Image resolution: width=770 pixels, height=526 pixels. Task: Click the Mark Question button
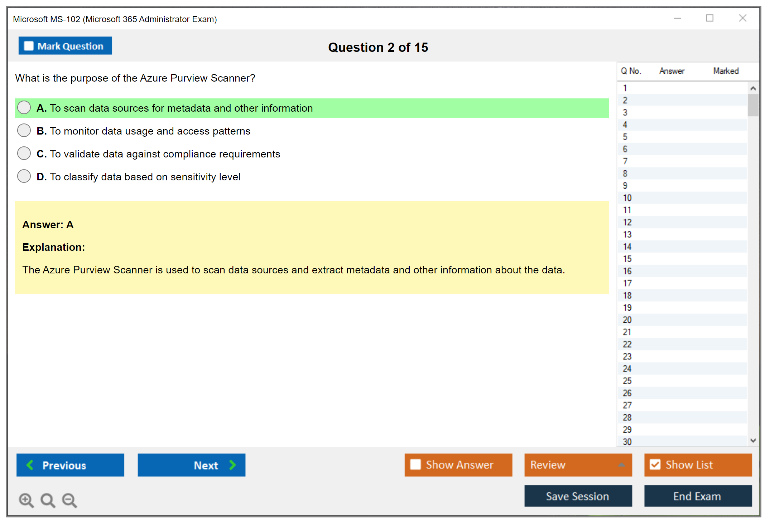[65, 46]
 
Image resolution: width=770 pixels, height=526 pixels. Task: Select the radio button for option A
[24, 107]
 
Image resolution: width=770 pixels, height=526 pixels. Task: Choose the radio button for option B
[24, 130]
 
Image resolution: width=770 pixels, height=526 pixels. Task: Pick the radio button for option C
[24, 153]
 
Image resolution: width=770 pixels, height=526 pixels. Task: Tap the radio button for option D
[24, 176]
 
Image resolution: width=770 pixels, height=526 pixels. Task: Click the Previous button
[70, 465]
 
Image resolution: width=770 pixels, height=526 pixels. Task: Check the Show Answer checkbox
[415, 464]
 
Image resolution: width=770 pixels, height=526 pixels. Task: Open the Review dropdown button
[578, 465]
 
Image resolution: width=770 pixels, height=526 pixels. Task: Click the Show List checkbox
[655, 464]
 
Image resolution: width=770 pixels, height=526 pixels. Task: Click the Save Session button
[578, 496]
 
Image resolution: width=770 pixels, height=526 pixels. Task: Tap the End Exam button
[698, 496]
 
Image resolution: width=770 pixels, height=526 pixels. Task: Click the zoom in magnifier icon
[26, 500]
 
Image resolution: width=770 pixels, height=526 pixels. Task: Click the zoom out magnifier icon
[69, 500]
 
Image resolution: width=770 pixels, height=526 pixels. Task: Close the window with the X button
[742, 18]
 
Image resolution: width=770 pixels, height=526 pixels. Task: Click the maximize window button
[709, 18]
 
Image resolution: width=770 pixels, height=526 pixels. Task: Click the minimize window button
[677, 18]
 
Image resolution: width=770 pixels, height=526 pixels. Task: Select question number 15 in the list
[627, 259]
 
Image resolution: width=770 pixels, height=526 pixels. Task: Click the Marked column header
[726, 71]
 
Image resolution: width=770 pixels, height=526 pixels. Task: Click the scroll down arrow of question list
[753, 440]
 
